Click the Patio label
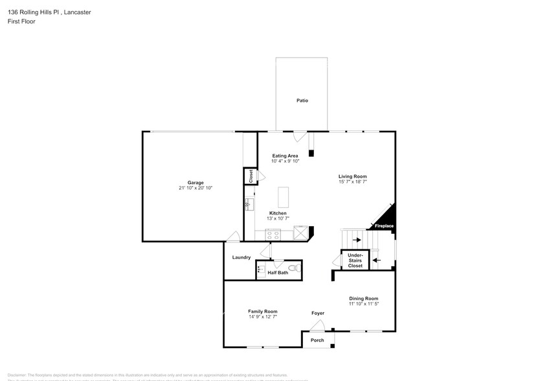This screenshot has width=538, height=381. pyautogui.click(x=302, y=101)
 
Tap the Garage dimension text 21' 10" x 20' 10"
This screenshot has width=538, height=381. pyautogui.click(x=196, y=188)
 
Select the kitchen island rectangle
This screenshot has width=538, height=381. pyautogui.click(x=283, y=196)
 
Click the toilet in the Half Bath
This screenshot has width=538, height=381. pyautogui.click(x=293, y=267)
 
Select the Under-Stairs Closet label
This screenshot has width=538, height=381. pyautogui.click(x=355, y=261)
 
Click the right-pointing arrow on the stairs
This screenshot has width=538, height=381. pyautogui.click(x=356, y=239)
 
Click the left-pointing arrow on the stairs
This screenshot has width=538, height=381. pyautogui.click(x=377, y=260)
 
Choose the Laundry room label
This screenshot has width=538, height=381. pyautogui.click(x=241, y=258)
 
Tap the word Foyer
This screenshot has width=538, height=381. pyautogui.click(x=317, y=314)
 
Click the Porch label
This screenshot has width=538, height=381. pyautogui.click(x=317, y=340)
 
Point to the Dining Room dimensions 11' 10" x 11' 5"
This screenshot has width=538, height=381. pyautogui.click(x=363, y=304)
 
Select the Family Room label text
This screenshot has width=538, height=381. pyautogui.click(x=262, y=312)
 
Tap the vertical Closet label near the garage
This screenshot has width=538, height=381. pyautogui.click(x=249, y=176)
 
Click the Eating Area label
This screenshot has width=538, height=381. pyautogui.click(x=285, y=156)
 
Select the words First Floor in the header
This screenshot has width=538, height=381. pyautogui.click(x=22, y=21)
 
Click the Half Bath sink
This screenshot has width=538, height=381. pyautogui.click(x=261, y=269)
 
